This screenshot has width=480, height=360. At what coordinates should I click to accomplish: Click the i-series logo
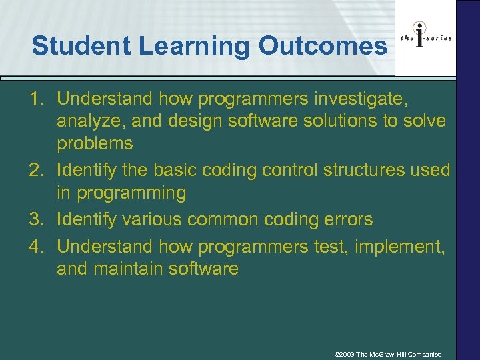(426, 37)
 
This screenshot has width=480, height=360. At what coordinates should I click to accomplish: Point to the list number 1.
(37, 99)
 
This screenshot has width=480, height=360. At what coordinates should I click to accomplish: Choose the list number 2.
(37, 170)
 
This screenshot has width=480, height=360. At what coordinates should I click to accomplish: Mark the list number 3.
(37, 219)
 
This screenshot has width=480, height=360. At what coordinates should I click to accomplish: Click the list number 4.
(37, 246)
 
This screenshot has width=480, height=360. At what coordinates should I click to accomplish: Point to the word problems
(95, 143)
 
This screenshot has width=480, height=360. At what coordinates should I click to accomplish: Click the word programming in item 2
(131, 193)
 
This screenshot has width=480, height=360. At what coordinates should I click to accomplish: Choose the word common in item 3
(234, 219)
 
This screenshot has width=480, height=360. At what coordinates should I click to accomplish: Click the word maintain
(127, 269)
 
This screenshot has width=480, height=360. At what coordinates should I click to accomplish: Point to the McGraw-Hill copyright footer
(387, 354)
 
